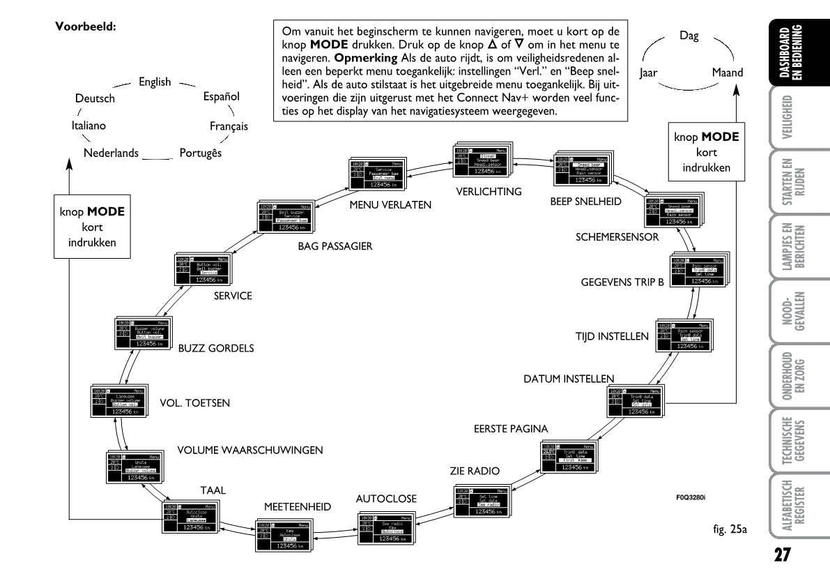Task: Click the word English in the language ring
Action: (154, 82)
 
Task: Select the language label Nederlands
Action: (111, 153)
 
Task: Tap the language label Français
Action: (229, 127)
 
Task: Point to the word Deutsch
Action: (95, 99)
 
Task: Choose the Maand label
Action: (727, 73)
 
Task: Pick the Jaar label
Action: (650, 73)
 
